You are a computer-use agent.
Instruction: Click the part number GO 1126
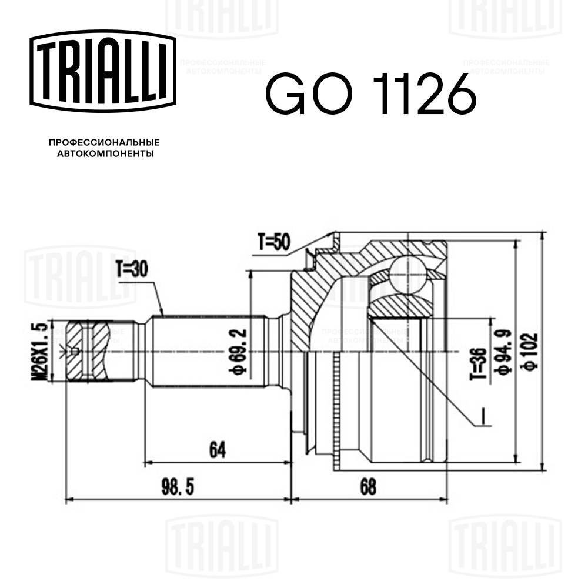coord(370,95)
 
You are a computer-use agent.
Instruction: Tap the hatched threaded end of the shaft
coord(88,352)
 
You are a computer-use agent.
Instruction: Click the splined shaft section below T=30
coord(206,352)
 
